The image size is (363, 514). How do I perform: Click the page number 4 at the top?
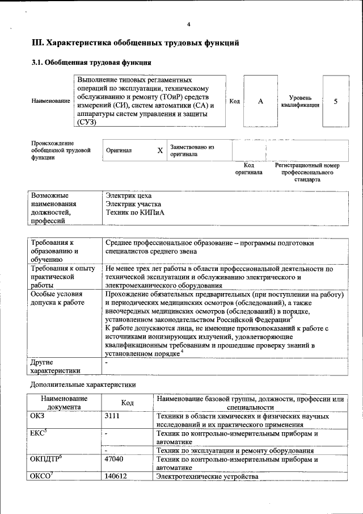click(189, 24)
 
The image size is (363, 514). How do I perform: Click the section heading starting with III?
click(135, 43)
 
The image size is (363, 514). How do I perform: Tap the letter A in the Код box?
click(260, 101)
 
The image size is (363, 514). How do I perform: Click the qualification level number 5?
click(336, 101)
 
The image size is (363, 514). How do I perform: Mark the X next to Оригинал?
click(160, 151)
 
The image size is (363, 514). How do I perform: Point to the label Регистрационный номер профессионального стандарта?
click(307, 172)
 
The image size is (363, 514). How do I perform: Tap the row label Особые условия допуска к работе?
click(57, 298)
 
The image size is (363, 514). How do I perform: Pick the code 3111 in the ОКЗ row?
click(113, 416)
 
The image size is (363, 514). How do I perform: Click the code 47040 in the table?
click(115, 458)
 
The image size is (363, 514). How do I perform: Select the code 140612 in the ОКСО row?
click(116, 476)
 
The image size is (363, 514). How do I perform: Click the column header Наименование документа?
click(64, 403)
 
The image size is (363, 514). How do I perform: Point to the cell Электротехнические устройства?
click(208, 476)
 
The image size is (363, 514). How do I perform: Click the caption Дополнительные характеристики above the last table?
click(83, 385)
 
